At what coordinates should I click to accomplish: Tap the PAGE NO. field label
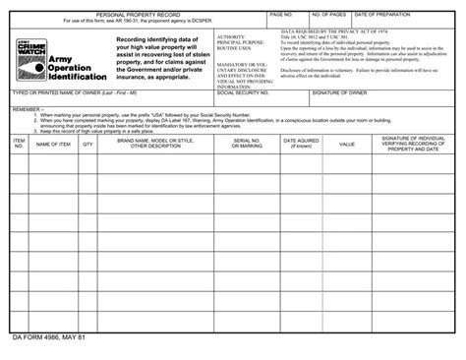281,16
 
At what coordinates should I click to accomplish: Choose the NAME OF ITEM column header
53,144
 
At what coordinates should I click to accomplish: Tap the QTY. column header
87,144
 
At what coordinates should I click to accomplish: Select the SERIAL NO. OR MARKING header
247,144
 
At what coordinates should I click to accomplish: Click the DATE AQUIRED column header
301,144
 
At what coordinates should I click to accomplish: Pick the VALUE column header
346,144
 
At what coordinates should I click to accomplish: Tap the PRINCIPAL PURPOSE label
241,42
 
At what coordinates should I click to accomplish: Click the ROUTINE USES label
234,48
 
